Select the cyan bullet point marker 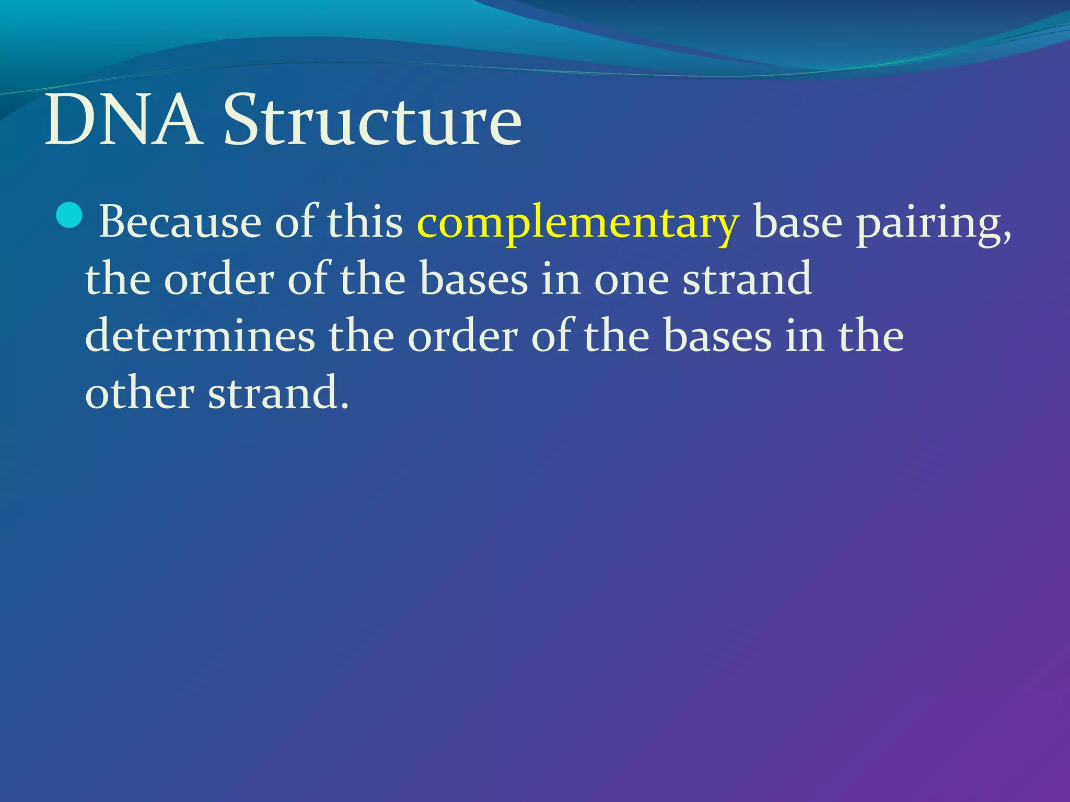[x=69, y=215]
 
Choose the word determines [x=200, y=336]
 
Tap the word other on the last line [x=139, y=393]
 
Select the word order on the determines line [x=462, y=336]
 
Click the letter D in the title [x=69, y=121]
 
